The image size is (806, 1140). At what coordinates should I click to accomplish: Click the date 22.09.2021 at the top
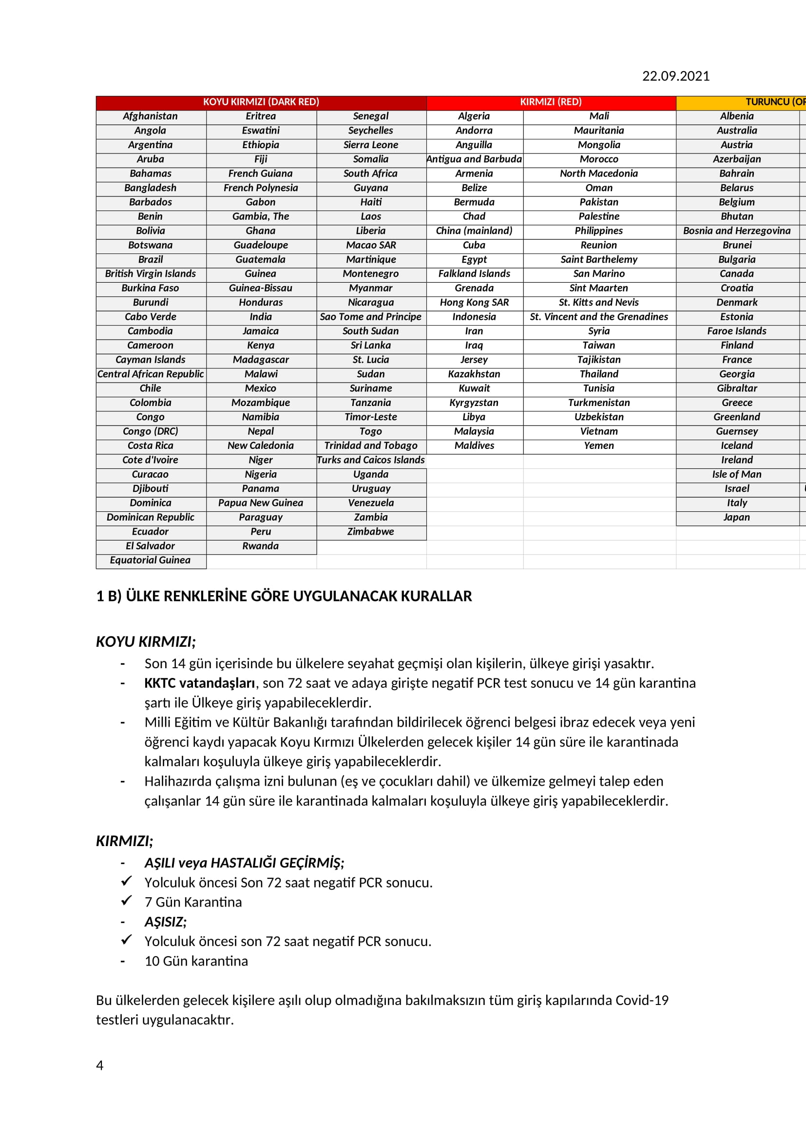[675, 76]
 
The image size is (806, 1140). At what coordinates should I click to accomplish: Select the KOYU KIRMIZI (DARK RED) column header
[261, 102]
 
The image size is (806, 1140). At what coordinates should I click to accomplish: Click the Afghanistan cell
[151, 116]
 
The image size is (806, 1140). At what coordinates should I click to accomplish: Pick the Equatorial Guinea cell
[151, 560]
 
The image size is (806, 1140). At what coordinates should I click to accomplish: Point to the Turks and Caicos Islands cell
[371, 460]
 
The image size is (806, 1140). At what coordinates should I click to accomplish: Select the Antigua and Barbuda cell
[474, 159]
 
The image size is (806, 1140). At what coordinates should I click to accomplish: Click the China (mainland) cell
[474, 231]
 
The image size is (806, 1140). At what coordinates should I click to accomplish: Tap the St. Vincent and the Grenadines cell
[598, 317]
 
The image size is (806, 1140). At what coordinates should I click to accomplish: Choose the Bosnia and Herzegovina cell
[736, 231]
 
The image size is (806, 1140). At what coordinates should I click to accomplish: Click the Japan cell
[736, 518]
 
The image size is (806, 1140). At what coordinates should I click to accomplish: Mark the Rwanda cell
[261, 546]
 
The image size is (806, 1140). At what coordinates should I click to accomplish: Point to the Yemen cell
[598, 446]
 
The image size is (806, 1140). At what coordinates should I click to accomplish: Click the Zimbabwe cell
[371, 531]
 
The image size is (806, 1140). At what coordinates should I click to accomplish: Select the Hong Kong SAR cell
[474, 302]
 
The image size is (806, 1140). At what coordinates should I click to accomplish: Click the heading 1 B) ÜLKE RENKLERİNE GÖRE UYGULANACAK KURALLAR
[284, 596]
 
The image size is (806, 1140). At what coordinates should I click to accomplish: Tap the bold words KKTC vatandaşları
[199, 683]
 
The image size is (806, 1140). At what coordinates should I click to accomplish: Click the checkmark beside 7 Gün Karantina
[127, 900]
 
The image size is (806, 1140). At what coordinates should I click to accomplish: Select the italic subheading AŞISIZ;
[165, 922]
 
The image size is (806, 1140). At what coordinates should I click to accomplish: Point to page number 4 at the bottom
[100, 1065]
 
